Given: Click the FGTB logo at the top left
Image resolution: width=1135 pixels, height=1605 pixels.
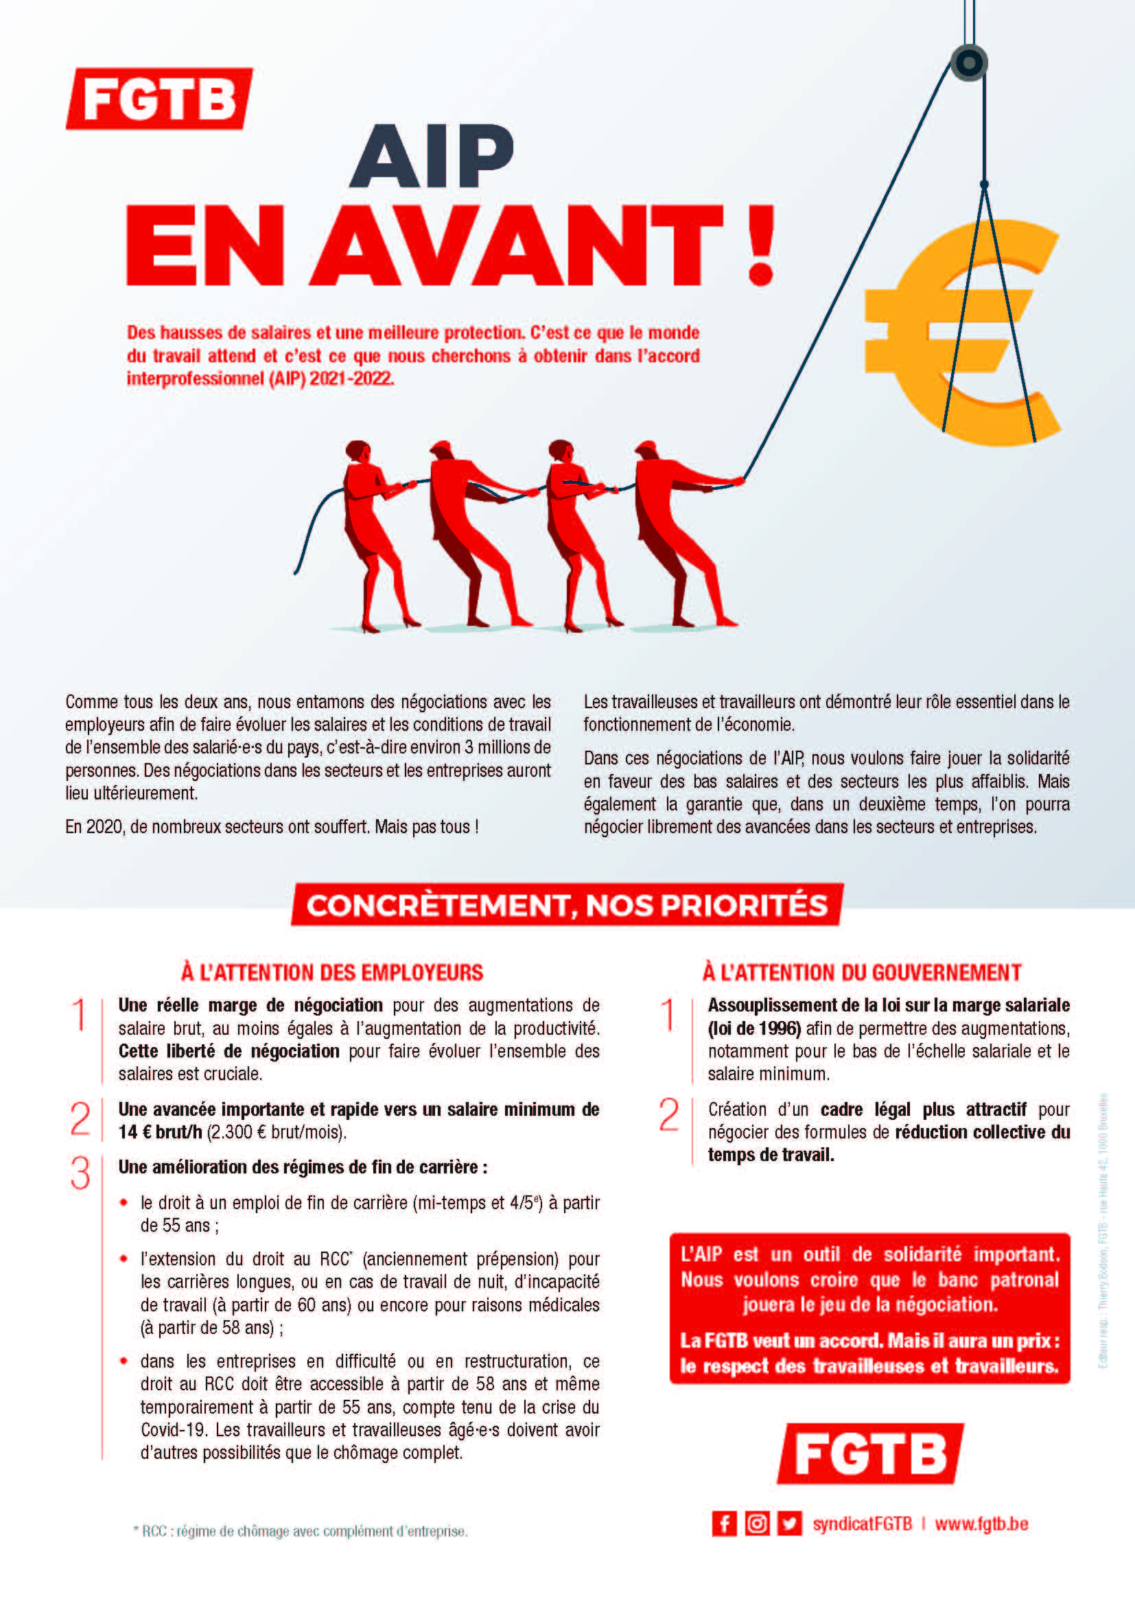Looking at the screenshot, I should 159,99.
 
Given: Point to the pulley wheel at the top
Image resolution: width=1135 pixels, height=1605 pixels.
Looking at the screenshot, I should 969,63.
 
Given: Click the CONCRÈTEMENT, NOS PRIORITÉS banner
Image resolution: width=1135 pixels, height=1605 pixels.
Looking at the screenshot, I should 567,905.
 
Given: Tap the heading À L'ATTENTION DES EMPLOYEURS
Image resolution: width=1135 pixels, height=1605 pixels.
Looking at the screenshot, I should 332,972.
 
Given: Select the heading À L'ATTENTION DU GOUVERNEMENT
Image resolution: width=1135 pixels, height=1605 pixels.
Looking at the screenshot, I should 862,972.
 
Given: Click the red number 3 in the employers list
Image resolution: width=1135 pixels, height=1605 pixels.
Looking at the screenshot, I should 80,1173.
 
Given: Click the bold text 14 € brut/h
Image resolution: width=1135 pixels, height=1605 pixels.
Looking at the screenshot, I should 160,1132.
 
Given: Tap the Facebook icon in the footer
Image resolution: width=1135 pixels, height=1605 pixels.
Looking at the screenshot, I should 724,1524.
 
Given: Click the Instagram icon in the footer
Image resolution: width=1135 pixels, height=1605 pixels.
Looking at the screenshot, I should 757,1524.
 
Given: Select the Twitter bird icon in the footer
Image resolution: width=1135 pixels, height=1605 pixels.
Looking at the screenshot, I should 790,1524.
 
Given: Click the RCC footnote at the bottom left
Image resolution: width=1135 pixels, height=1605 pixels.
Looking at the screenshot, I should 301,1532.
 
